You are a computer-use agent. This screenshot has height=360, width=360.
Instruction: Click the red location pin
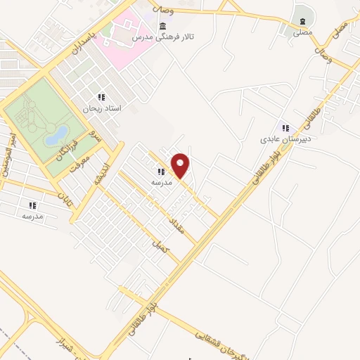coord(181,166)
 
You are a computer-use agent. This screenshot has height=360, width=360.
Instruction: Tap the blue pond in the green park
coord(56,135)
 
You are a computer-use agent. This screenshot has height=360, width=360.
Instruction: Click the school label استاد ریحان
coord(103,109)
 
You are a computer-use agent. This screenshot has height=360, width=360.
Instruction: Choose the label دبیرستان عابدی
coord(281,139)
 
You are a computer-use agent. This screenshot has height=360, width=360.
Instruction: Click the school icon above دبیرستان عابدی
coord(285,127)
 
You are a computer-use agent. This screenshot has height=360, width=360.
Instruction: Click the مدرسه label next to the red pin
coord(161,182)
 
